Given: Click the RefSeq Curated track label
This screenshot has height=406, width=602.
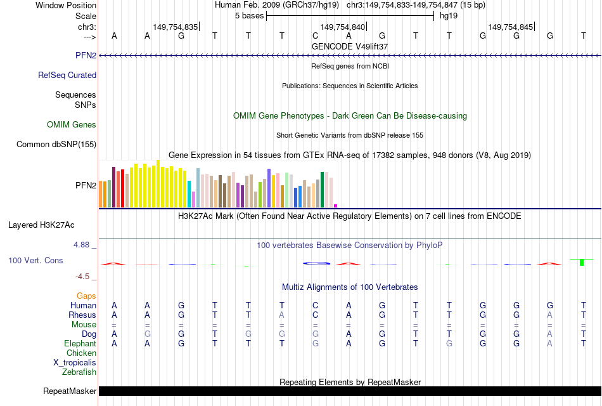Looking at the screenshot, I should coord(67,75).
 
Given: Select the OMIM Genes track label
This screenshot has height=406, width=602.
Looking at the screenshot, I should coord(72,125).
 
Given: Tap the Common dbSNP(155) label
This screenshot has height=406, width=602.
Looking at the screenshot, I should coord(56,144).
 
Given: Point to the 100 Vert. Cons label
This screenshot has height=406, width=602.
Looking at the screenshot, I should coord(35,260).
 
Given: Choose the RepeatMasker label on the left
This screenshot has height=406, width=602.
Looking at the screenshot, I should coord(70,391).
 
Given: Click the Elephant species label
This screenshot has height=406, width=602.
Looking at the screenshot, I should coord(80,343).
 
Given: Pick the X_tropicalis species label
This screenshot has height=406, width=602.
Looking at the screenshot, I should coord(75,362).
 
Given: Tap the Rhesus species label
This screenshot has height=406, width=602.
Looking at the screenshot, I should coord(83,315).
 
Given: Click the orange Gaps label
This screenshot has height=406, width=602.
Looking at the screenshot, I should coord(86,296).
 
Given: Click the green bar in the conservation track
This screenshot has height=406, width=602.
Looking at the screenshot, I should coord(582,262).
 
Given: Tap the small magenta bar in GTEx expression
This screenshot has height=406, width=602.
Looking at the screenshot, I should coord(336,206).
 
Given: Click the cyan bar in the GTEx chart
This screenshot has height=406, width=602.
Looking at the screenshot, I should coord(189,194).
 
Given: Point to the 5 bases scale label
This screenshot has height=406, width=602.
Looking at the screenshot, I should coord(247,15).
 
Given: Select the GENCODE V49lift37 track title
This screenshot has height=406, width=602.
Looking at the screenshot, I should coord(350,46).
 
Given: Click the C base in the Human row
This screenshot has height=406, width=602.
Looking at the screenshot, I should coord(315,305).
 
